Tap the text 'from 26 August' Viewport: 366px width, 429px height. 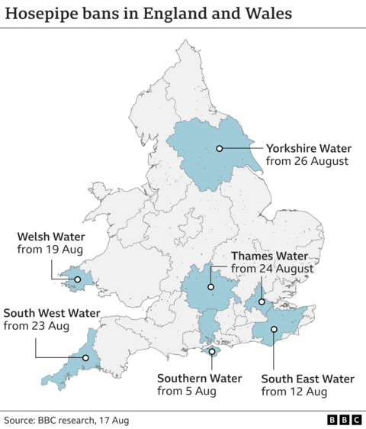pyautogui.click(x=307, y=162)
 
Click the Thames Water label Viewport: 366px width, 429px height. pyautogui.click(x=271, y=256)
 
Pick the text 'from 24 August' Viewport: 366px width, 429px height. pyautogui.click(x=271, y=269)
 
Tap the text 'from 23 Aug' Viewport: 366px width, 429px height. pyautogui.click(x=37, y=326)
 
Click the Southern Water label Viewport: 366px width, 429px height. pyautogui.click(x=199, y=379)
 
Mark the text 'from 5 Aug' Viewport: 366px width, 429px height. pyautogui.click(x=187, y=392)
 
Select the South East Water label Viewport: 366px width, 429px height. pyautogui.click(x=307, y=379)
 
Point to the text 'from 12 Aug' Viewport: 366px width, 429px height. pyautogui.click(x=294, y=392)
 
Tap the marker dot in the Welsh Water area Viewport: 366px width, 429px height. pyautogui.click(x=77, y=279)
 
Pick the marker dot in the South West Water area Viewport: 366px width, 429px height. pyautogui.click(x=85, y=357)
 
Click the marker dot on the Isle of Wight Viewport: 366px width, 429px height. pyautogui.click(x=211, y=352)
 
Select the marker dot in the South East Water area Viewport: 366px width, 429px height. pyautogui.click(x=273, y=330)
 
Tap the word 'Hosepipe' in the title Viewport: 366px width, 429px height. pyautogui.click(x=44, y=15)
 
